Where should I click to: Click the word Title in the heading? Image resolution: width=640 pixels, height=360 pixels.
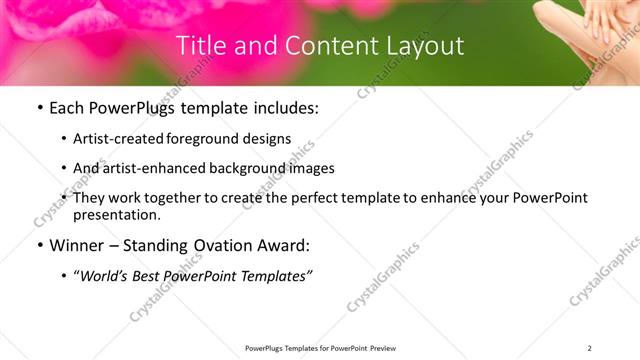coord(200,46)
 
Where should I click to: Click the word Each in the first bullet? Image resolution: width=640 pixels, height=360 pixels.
coord(67,108)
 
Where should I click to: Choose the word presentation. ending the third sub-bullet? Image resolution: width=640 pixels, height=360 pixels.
coord(117,214)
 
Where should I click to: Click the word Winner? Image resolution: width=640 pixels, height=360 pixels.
coord(76,245)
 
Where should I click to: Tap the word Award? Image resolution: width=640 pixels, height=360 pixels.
coord(286,245)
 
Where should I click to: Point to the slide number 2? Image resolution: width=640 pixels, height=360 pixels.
coord(589,348)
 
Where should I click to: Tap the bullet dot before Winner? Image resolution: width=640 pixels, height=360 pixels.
coord(39,245)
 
